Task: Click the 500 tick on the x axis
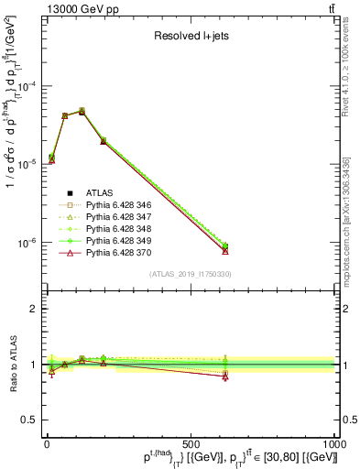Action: pyautogui.click(x=191, y=443)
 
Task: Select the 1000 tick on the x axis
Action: pyautogui.click(x=333, y=443)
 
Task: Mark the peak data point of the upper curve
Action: pyautogui.click(x=82, y=111)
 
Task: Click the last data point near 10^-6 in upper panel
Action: pyautogui.click(x=225, y=247)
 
